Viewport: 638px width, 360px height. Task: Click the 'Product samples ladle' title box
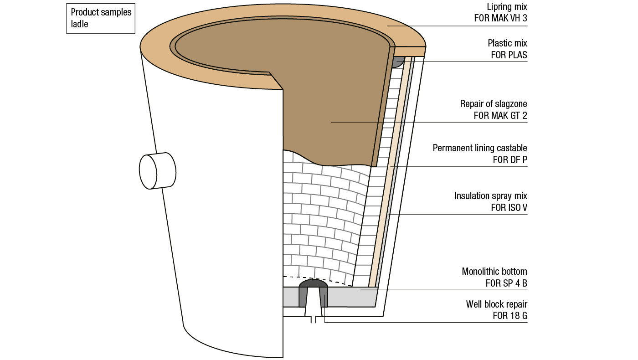(101, 18)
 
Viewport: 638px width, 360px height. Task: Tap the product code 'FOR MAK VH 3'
(500, 19)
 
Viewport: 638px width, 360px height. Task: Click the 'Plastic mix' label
(507, 43)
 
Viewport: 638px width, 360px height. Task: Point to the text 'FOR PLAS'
(509, 55)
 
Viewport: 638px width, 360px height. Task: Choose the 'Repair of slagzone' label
(494, 104)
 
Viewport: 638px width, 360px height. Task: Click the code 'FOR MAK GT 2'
(500, 116)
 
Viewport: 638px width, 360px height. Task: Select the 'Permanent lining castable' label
(480, 148)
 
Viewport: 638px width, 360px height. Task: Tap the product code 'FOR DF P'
(510, 160)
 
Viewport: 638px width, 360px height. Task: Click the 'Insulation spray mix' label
(491, 196)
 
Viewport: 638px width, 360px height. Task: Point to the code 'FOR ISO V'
(509, 208)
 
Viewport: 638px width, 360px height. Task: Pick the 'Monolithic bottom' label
(494, 272)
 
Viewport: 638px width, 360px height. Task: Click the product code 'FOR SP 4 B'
(506, 283)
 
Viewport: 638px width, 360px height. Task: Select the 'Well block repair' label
(496, 304)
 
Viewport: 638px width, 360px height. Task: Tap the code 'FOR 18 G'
(510, 316)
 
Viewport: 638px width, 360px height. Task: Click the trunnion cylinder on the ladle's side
(157, 171)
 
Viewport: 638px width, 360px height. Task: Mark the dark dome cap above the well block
(313, 283)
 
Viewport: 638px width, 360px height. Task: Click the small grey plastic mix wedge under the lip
(397, 62)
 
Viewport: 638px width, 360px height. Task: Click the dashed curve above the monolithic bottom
(319, 278)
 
